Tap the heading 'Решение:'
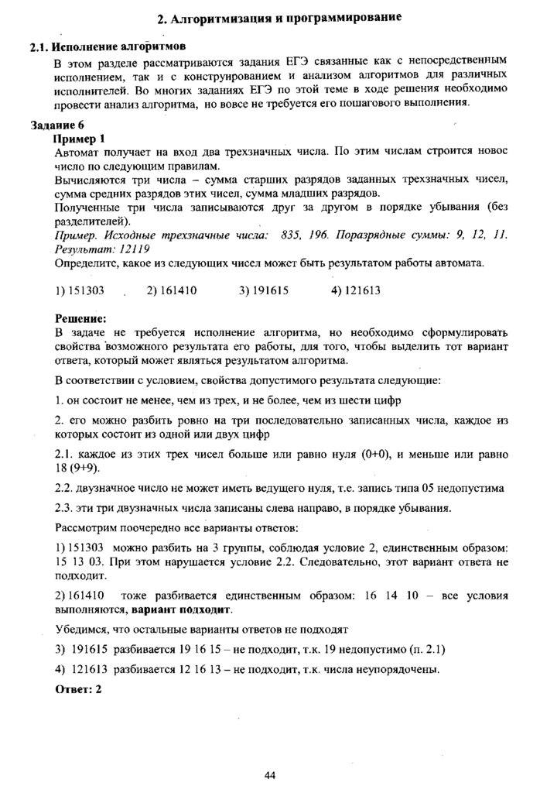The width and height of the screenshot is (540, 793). pos(80,318)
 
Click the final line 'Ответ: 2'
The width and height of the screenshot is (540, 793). pos(79,688)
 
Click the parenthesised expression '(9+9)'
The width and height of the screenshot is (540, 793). pos(85,468)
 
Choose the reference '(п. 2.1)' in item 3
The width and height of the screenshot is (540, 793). pos(423,649)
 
